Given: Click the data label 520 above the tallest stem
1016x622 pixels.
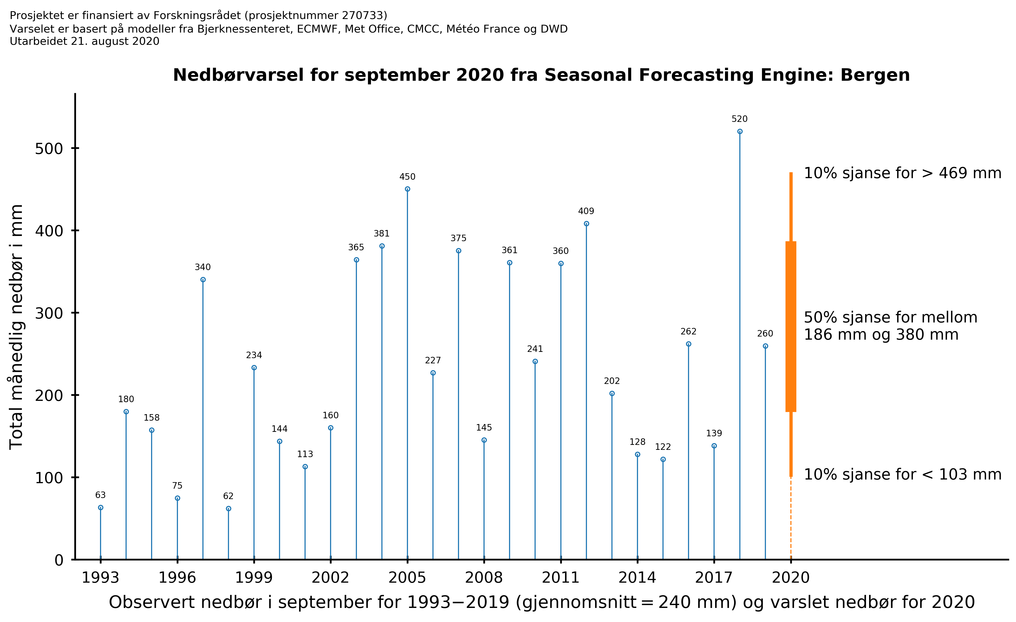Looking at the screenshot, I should click(x=739, y=119).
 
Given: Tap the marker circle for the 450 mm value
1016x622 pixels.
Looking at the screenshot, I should click(x=407, y=189).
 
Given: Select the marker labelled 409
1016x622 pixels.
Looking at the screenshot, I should click(x=586, y=224).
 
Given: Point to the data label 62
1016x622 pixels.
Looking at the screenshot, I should click(x=228, y=496).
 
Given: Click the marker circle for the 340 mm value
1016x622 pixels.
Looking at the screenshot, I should click(x=203, y=280).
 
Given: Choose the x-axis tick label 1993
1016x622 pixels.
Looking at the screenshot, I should click(x=100, y=578).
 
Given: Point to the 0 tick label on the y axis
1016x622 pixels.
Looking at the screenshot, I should click(x=59, y=561).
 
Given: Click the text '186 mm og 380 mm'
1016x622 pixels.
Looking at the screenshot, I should click(x=881, y=335).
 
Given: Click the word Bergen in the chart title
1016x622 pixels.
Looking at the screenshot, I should click(x=875, y=76).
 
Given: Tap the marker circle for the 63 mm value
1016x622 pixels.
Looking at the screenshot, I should click(x=101, y=508).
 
